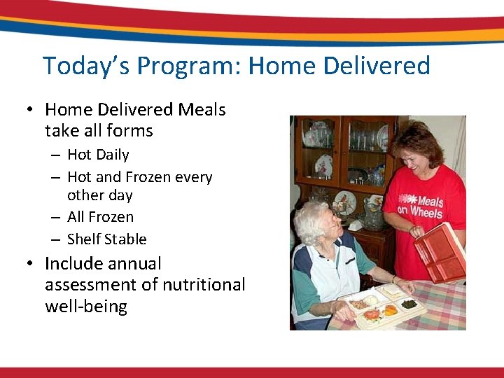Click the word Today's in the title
pyautogui.click(x=86, y=66)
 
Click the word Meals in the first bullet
pyautogui.click(x=202, y=110)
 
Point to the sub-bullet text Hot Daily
pyautogui.click(x=98, y=155)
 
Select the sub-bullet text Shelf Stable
pyautogui.click(x=106, y=239)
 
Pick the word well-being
pyautogui.click(x=86, y=307)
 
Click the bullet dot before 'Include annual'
pyautogui.click(x=29, y=265)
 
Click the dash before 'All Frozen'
pyautogui.click(x=55, y=218)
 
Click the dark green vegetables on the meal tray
pyautogui.click(x=409, y=304)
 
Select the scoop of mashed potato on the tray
pyautogui.click(x=372, y=300)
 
